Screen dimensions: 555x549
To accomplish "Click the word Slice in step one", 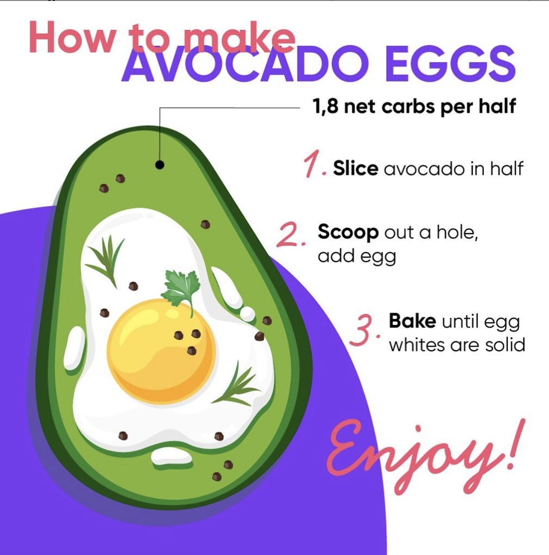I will (x=355, y=168).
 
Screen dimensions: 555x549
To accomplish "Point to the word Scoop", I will (x=348, y=232).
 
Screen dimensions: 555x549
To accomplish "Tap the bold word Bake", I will (x=412, y=321).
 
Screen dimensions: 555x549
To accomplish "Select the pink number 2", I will (x=289, y=234).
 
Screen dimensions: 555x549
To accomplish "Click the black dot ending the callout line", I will (x=160, y=164).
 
